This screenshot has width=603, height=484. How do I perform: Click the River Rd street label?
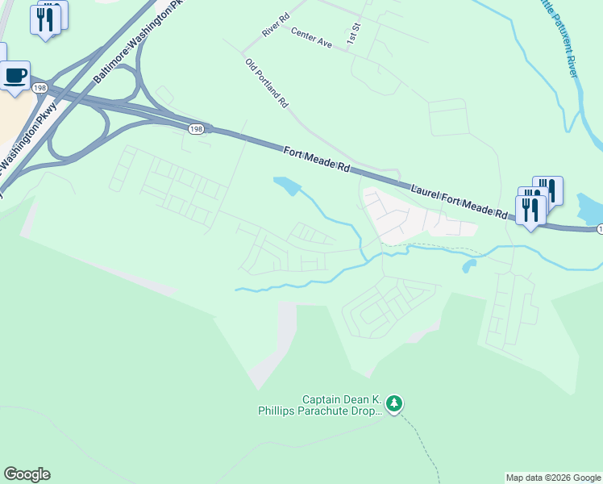[275, 27]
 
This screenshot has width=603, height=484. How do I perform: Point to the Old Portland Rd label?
[267, 83]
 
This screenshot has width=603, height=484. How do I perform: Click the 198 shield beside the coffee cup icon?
[40, 87]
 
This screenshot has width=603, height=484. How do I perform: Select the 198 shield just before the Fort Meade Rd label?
[196, 128]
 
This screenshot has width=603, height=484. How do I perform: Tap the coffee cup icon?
[15, 76]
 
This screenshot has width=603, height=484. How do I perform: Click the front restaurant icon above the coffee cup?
[45, 19]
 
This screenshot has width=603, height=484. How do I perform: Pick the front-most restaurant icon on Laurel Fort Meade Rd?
[530, 210]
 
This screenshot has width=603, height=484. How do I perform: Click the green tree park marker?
[393, 402]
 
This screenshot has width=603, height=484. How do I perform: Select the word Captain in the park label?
[322, 399]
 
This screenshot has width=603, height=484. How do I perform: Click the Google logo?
[27, 474]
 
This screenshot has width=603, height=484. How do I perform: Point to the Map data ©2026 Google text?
[552, 478]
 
